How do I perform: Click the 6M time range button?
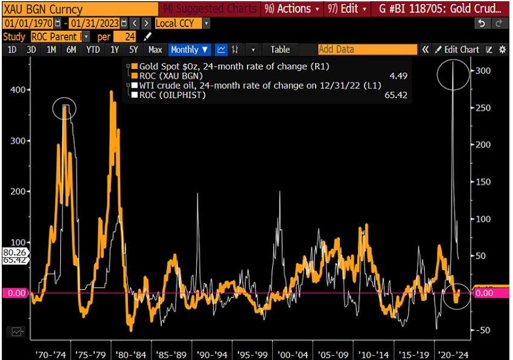[x=71, y=50]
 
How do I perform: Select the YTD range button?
[x=93, y=50]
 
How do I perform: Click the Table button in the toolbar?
[x=280, y=50]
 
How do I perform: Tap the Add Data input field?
[x=367, y=50]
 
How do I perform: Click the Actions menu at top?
[x=294, y=9]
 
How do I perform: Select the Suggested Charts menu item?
[x=209, y=9]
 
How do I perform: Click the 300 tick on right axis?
[x=485, y=71]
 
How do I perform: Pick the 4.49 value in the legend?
[x=398, y=76]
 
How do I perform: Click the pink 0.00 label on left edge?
[x=14, y=293]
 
